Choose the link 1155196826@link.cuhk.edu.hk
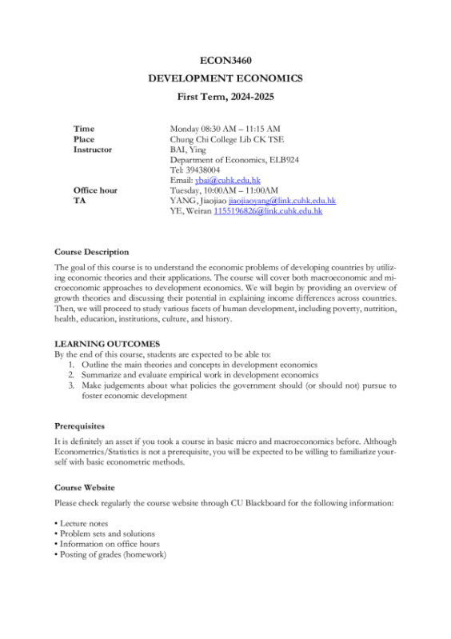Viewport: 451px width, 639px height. [267, 211]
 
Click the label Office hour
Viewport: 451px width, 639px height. [95, 190]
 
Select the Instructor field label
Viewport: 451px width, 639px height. [93, 149]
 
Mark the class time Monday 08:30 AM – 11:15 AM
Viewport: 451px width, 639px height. [225, 128]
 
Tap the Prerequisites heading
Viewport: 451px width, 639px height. [79, 426]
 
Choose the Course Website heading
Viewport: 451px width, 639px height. [84, 487]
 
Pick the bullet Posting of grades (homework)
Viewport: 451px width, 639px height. [110, 554]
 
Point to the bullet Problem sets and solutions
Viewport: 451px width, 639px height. [104, 533]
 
